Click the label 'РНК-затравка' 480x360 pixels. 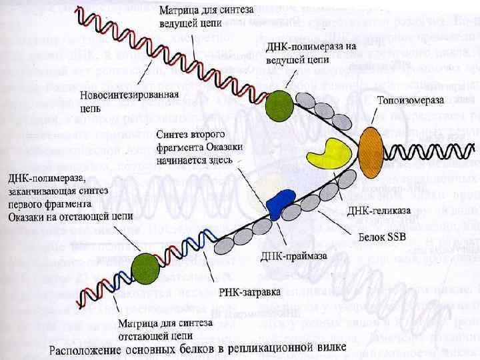click(249, 292)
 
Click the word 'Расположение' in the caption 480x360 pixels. click(87, 350)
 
